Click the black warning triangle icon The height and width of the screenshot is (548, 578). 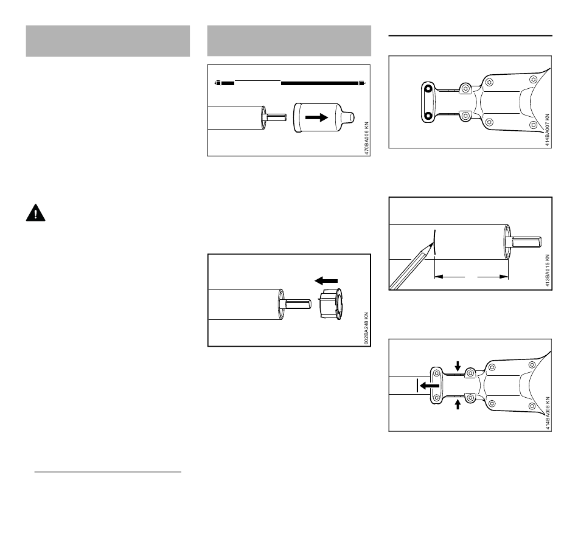(x=35, y=213)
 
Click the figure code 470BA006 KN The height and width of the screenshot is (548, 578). (x=366, y=138)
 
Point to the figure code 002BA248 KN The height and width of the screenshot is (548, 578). (x=366, y=328)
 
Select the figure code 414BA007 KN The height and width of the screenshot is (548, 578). (x=548, y=130)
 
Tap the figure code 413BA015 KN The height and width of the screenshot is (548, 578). (x=548, y=271)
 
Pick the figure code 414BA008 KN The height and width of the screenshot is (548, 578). (x=548, y=413)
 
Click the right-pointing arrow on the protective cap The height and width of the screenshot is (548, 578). (x=316, y=117)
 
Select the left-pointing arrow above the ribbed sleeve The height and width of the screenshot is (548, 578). (x=326, y=281)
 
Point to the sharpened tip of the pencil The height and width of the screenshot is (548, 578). (x=433, y=243)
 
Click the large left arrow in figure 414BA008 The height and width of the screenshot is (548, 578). (x=429, y=386)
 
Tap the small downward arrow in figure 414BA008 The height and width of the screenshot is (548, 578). (x=458, y=366)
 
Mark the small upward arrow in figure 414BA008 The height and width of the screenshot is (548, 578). (x=458, y=404)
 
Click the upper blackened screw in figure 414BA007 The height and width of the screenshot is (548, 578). (x=428, y=89)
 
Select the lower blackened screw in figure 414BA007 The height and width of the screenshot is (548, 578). (x=428, y=116)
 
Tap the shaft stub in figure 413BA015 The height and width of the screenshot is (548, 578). (x=526, y=242)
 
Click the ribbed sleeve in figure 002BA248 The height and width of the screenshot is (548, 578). (x=330, y=304)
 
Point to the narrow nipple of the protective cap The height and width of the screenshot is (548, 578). (x=347, y=117)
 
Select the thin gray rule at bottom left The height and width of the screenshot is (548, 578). (x=108, y=472)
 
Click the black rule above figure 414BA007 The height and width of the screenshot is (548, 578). (x=470, y=36)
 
